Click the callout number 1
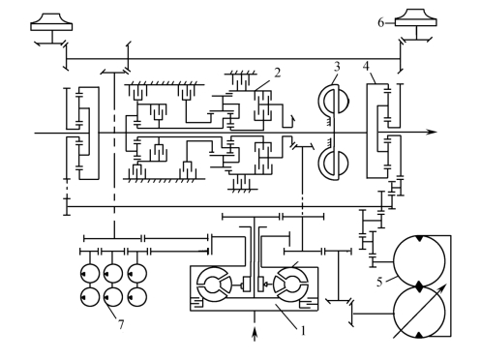point(302,331)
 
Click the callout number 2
point(277,73)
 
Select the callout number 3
point(337,67)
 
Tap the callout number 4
point(366,66)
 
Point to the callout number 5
point(379,282)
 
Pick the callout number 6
point(381,23)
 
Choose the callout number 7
point(121,324)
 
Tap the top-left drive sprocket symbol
point(51,22)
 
